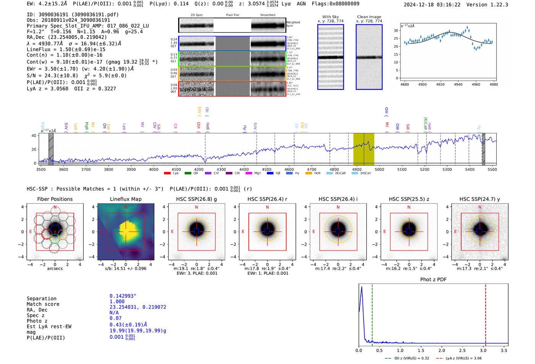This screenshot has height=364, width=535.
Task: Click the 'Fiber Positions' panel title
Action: (x=55, y=199)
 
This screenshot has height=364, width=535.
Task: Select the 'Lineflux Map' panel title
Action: (x=125, y=199)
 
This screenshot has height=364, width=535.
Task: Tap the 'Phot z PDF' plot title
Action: (x=433, y=280)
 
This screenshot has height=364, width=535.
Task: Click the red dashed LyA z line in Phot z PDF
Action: (x=485, y=313)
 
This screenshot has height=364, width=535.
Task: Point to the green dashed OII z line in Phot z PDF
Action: (x=372, y=313)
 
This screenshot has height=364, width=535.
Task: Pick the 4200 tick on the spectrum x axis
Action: (x=199, y=169)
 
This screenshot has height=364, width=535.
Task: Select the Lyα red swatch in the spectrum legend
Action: (x=167, y=173)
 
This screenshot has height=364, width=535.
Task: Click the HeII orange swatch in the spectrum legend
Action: (x=309, y=173)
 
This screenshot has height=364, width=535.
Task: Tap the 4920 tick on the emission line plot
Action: (x=440, y=84)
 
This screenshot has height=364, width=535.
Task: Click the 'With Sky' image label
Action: (x=331, y=17)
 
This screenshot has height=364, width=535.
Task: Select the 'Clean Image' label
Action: (x=369, y=17)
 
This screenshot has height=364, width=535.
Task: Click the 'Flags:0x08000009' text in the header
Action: (x=335, y=4)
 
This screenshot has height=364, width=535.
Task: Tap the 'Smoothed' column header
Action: (x=267, y=15)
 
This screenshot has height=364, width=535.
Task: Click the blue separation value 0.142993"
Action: (x=123, y=296)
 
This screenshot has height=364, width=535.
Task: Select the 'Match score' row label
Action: (x=43, y=304)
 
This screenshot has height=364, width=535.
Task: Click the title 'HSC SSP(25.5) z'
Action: (x=409, y=199)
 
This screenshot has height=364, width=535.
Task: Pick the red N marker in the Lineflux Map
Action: (x=126, y=207)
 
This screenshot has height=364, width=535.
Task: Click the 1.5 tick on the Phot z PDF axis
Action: (x=421, y=350)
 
